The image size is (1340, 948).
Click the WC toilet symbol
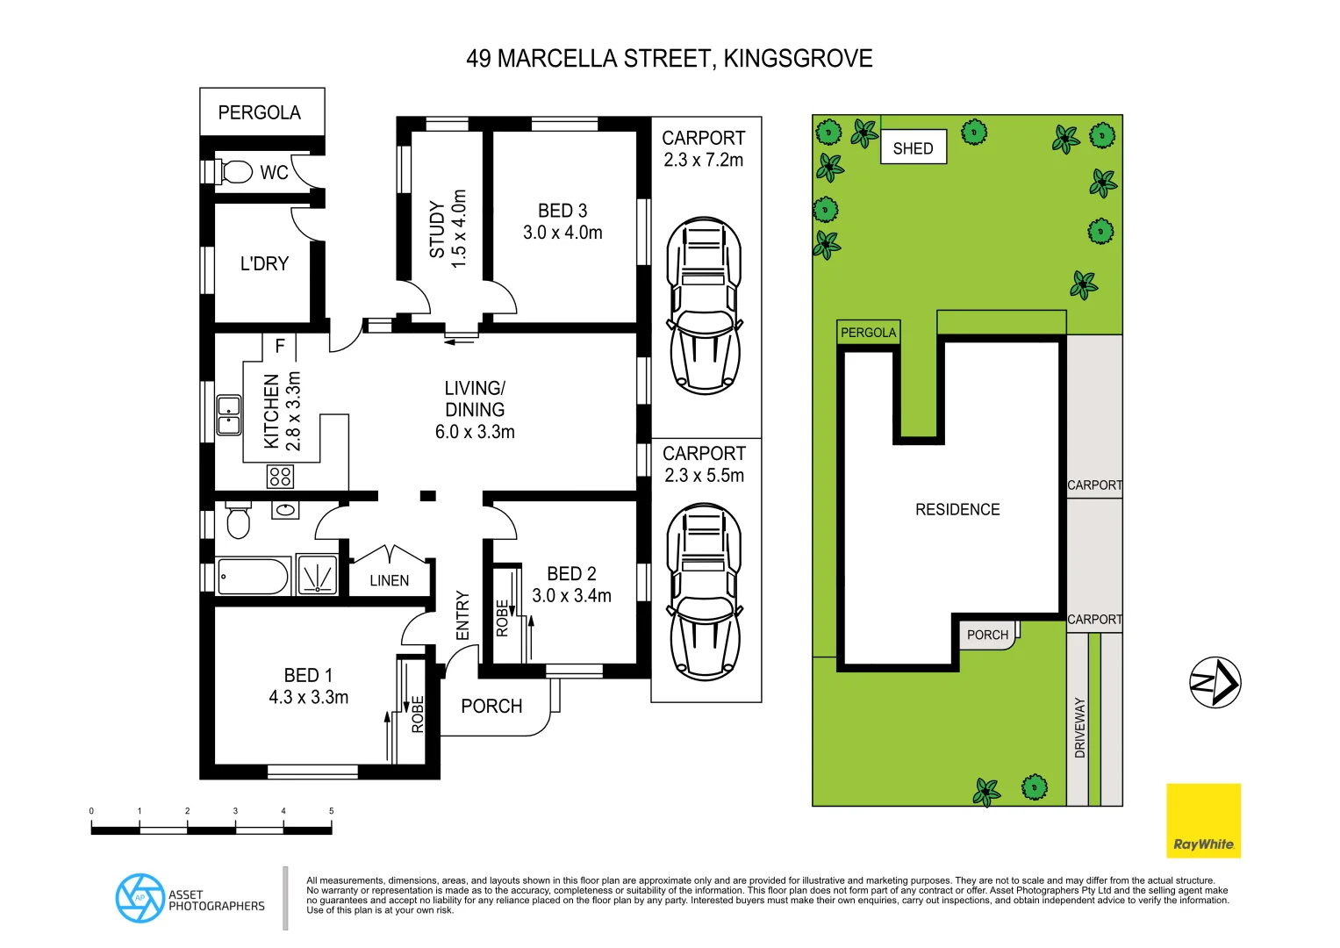tap(235, 171)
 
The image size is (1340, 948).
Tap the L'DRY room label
tap(264, 263)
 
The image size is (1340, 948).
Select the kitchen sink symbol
tap(229, 415)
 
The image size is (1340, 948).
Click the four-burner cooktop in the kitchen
tap(281, 477)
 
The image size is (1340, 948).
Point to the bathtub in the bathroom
tap(252, 577)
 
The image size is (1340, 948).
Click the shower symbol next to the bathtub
tap(317, 576)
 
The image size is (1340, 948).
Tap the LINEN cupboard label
tap(389, 581)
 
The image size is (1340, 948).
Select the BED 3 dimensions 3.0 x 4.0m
tap(563, 233)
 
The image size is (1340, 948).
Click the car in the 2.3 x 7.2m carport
tap(705, 305)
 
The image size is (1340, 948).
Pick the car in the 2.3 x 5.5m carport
tap(705, 592)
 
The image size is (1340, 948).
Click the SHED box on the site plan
tap(913, 148)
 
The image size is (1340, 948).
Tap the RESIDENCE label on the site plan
tap(957, 510)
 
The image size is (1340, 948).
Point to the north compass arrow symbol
tap(1215, 682)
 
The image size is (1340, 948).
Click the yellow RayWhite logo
tap(1203, 821)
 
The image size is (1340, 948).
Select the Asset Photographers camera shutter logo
tap(140, 898)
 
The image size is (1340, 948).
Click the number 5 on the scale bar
tap(331, 811)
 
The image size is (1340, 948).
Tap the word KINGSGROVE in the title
tap(798, 59)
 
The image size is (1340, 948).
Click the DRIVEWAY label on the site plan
tap(1080, 728)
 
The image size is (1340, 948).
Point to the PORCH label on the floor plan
tap(491, 707)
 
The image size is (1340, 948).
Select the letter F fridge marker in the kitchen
tap(280, 346)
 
